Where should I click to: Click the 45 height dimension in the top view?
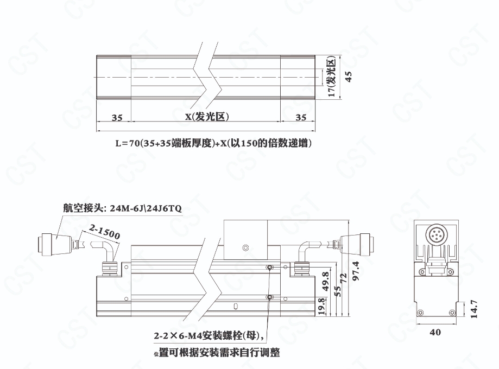click(x=349, y=77)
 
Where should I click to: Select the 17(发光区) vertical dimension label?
click(x=332, y=77)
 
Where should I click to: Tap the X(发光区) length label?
click(x=207, y=117)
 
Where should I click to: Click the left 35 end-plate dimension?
click(x=117, y=118)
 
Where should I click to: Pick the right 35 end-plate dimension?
click(x=301, y=118)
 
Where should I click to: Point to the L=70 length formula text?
click(x=213, y=143)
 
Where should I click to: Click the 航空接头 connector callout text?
click(x=122, y=208)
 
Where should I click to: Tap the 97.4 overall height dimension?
click(x=356, y=271)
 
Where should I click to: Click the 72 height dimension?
click(x=344, y=278)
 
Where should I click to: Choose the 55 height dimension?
click(x=338, y=291)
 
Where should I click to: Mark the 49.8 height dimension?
click(x=326, y=281)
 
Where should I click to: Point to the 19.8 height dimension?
click(x=321, y=306)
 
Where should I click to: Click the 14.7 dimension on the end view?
click(x=473, y=309)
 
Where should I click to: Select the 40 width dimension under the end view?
click(x=435, y=332)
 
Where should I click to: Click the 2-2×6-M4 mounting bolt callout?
click(x=209, y=335)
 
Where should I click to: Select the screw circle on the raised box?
click(x=245, y=247)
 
